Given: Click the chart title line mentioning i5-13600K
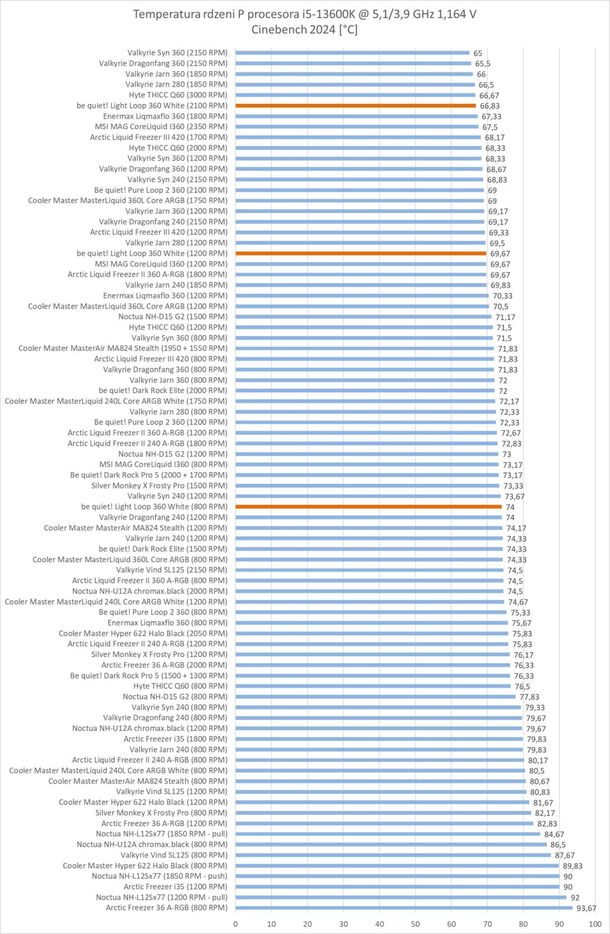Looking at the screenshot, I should point(305,14).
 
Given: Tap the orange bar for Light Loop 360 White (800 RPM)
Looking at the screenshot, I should point(368,507).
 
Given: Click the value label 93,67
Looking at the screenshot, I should point(587,908).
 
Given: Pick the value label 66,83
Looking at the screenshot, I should point(490,106).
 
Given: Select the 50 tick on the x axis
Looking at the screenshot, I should point(416,924).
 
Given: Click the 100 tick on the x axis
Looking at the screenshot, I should point(595,924).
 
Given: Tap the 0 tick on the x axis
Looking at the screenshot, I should point(236,924).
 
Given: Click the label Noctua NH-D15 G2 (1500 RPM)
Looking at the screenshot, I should point(173,317).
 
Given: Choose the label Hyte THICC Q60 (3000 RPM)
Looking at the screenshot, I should point(178,95).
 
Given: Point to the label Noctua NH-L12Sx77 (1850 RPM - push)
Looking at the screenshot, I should point(159,876).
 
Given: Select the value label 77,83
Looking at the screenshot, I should point(529,697).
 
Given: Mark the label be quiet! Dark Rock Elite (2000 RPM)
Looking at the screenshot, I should point(163,391).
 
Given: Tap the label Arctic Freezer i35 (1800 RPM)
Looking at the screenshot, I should point(176,739).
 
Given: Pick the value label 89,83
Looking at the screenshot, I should point(573,866).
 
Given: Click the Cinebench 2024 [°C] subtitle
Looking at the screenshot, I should point(305,30).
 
